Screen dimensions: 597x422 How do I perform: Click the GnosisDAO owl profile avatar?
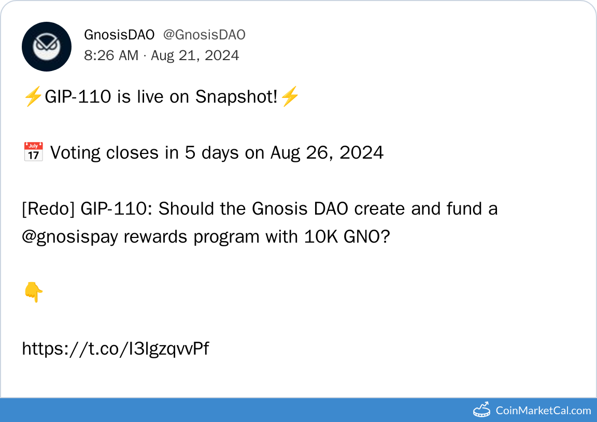coord(47,47)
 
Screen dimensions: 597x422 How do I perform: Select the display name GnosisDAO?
coord(119,35)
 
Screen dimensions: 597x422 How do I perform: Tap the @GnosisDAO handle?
coord(204,35)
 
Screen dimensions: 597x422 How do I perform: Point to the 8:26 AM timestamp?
coord(111,55)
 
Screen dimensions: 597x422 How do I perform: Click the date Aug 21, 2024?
coord(195,55)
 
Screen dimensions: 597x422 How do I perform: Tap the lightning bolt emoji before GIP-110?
coord(33,96)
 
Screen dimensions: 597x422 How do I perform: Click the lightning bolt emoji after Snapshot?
coord(290,96)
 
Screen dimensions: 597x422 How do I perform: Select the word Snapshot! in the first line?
coord(236,97)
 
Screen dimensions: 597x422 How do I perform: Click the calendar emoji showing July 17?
coord(34,152)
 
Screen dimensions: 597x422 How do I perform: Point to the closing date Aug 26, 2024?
coord(327,153)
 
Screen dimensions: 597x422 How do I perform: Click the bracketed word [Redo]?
coord(48,209)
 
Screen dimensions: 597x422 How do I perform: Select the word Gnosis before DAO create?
coord(280,209)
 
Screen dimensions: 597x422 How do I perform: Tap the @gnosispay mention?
coord(70,237)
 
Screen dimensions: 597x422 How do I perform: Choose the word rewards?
coord(155,237)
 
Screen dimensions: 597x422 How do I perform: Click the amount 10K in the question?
coord(321,237)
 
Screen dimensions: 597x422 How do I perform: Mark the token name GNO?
coord(367,237)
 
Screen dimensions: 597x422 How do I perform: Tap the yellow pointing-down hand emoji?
coord(34,292)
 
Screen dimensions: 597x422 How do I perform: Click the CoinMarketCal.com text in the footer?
coord(543,411)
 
